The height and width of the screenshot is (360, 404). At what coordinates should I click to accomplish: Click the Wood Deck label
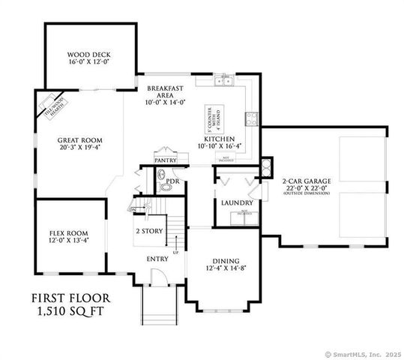pos(88,54)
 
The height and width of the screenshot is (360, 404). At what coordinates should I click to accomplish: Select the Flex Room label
pos(68,232)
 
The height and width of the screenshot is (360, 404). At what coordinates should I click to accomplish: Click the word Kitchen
pos(220,139)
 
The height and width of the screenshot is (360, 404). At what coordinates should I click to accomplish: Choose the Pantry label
pos(165,160)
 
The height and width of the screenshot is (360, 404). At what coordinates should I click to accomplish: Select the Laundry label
pos(237,202)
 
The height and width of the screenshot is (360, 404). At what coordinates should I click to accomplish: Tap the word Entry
pos(157,259)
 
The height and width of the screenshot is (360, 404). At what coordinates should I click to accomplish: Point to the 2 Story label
pos(148,232)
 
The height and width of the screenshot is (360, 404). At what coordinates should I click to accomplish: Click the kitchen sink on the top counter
pos(222,82)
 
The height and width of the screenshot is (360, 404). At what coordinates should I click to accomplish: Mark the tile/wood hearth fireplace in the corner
pos(53,104)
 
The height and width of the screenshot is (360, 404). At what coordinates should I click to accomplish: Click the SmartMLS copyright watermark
pos(364,354)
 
